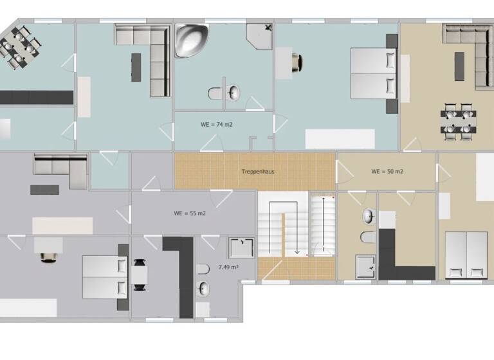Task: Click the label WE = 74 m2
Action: [x=216, y=124]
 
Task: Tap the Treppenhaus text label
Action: [x=255, y=172]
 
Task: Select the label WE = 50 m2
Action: [x=387, y=172]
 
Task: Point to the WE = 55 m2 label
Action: [x=190, y=213]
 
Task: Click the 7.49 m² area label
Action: [x=228, y=266]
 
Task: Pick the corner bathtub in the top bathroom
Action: [x=190, y=40]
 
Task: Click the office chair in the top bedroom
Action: [x=296, y=62]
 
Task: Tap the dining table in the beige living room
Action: [x=459, y=122]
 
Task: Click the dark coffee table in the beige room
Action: [x=459, y=66]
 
